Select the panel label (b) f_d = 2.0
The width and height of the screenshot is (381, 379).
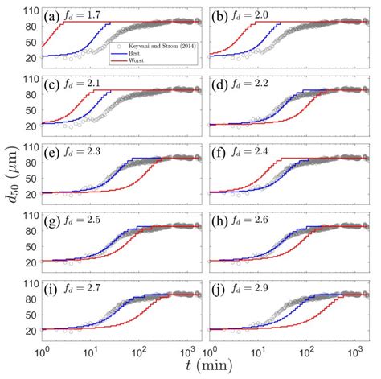(x=244, y=16)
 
